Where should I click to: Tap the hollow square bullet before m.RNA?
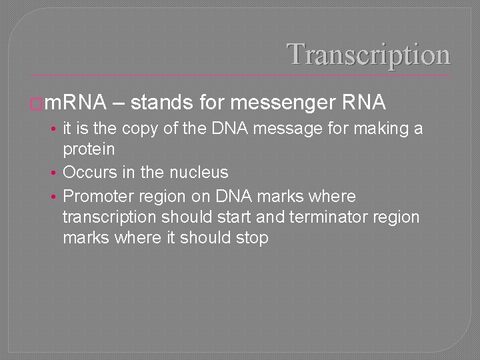[37, 104]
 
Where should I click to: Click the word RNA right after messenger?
[364, 103]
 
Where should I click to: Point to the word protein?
[89, 149]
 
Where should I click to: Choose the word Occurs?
[89, 173]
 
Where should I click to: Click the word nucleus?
[199, 173]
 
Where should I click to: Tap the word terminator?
[339, 217]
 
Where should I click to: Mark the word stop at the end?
[252, 238]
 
